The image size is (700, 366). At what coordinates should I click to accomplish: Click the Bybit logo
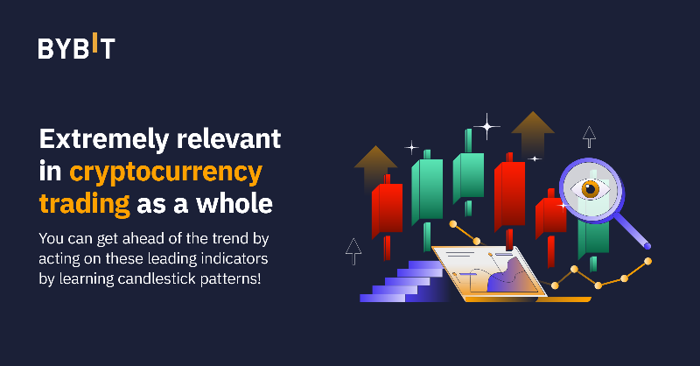coord(75,47)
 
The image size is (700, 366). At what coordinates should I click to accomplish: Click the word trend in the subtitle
coord(210,239)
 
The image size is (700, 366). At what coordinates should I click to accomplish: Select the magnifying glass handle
coord(634,232)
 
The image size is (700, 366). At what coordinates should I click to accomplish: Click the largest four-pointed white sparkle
coord(485,126)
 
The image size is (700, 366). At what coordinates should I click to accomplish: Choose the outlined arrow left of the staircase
coord(353,250)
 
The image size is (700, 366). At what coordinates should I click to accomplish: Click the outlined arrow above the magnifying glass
coord(589,136)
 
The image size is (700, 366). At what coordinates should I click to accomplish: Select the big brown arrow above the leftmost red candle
coord(375,165)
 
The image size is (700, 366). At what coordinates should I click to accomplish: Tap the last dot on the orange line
coord(647,260)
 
